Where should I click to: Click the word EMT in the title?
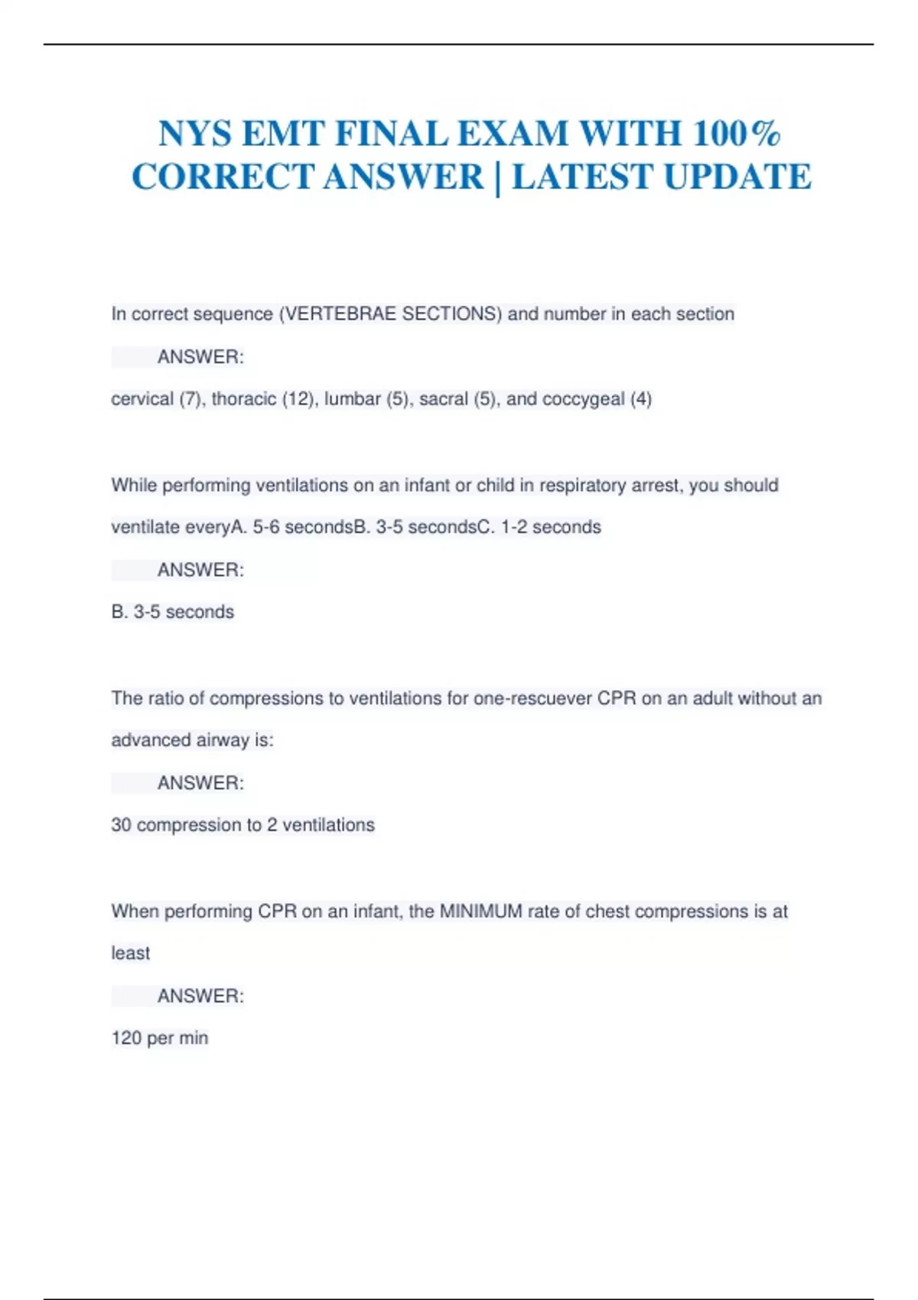click(x=283, y=134)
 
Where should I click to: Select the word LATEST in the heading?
click(x=582, y=177)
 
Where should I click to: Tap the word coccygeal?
click(x=583, y=399)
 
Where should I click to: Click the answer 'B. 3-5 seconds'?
click(x=173, y=613)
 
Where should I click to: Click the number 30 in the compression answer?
click(x=121, y=826)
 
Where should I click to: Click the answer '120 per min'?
click(x=160, y=1038)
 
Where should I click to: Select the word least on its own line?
click(x=131, y=954)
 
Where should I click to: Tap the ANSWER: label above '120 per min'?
click(x=200, y=996)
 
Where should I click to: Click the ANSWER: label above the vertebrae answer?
click(x=200, y=357)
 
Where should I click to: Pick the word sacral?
click(x=443, y=399)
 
